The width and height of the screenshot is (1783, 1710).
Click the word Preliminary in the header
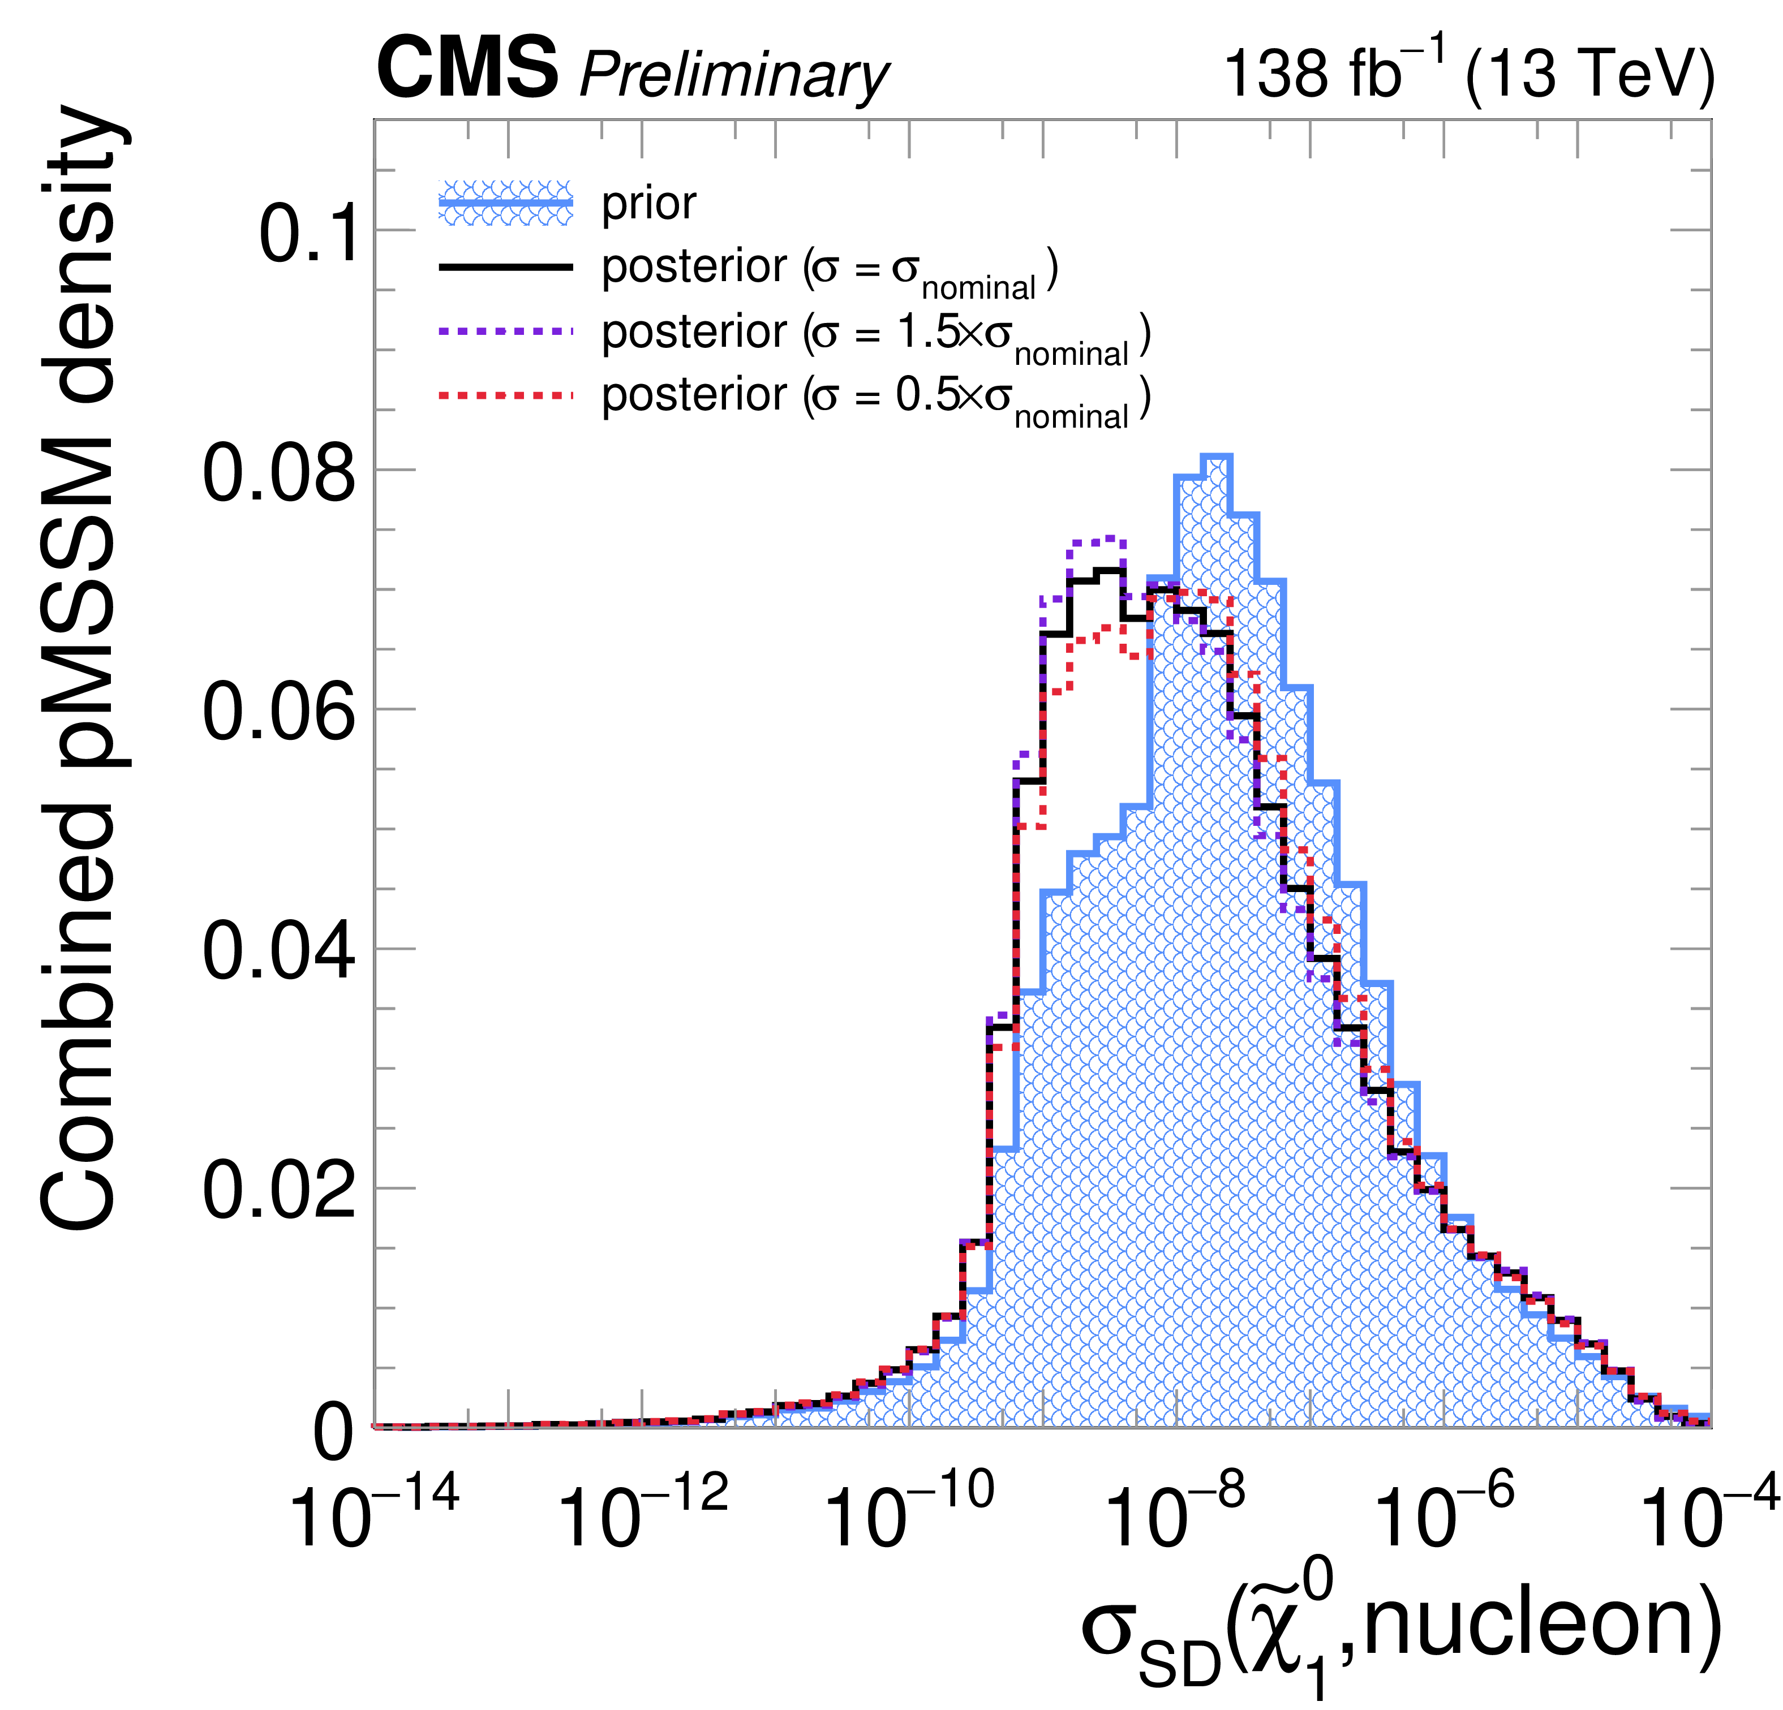[x=733, y=75]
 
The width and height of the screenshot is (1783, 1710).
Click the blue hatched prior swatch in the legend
[x=506, y=203]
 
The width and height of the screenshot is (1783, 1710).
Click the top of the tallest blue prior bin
[x=1216, y=456]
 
